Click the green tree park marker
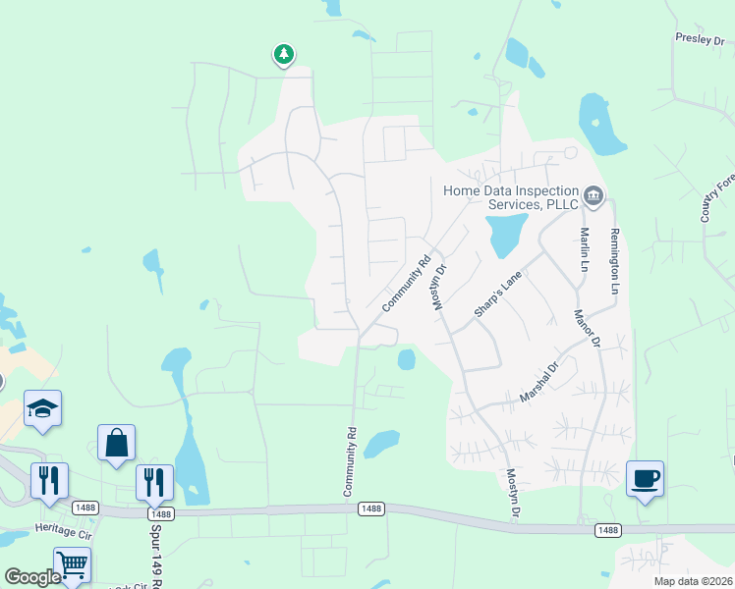point(284,55)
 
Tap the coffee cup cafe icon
point(645,479)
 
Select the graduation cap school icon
point(43,407)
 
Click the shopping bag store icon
point(117,443)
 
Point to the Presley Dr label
point(699,40)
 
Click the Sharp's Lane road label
point(496,295)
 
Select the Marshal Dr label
point(538,382)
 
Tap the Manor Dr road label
point(588,328)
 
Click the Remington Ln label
point(615,262)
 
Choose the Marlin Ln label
point(584,250)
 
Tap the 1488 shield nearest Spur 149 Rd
point(160,513)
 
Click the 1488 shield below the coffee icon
point(608,530)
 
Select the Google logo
point(32,577)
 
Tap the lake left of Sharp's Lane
point(504,233)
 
